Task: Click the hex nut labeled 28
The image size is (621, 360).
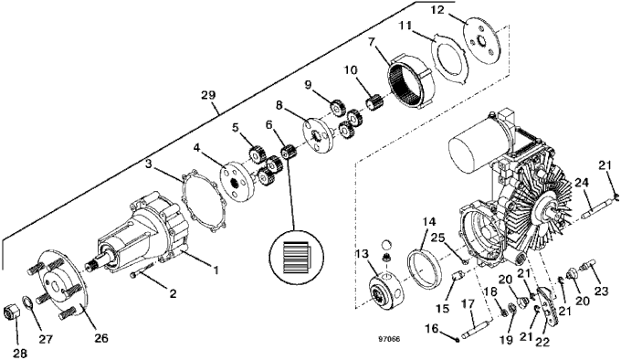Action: [x=12, y=312]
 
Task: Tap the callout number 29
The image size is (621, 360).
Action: [x=208, y=95]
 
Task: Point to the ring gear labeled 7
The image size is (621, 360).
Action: [x=409, y=81]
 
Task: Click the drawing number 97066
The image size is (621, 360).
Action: [x=389, y=339]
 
